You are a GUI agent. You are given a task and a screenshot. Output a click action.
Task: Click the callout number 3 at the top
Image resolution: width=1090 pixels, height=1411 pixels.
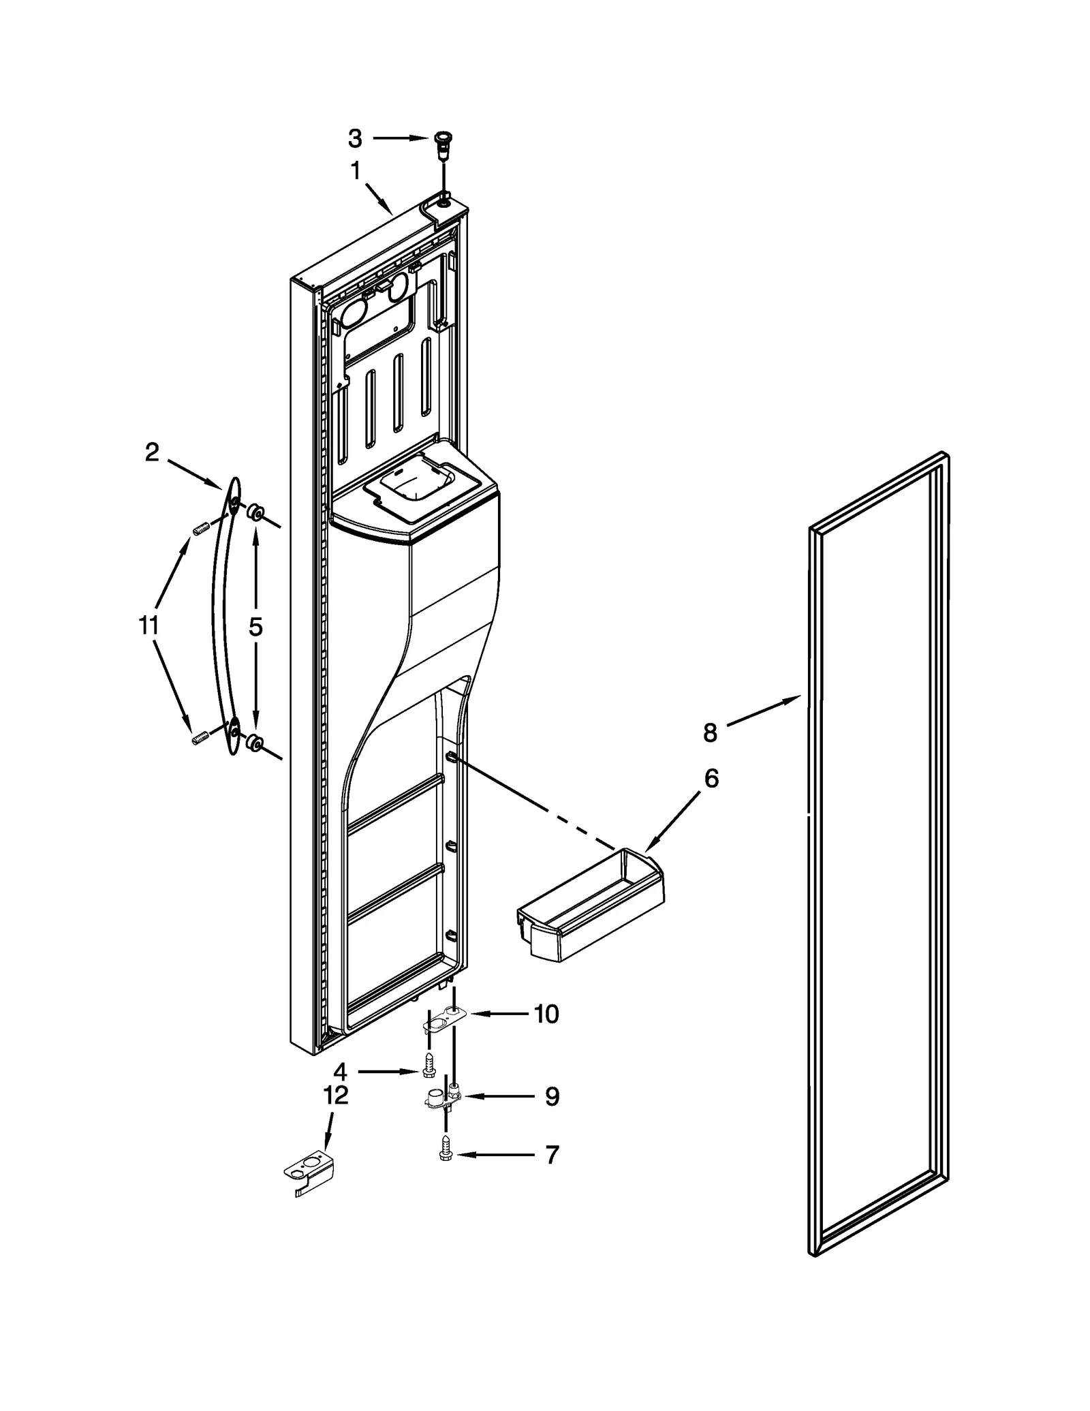tap(355, 138)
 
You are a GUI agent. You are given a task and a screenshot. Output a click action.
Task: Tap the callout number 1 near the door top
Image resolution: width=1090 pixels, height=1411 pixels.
tap(356, 171)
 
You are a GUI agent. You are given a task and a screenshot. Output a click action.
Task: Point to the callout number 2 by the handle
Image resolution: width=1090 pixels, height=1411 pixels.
tap(152, 452)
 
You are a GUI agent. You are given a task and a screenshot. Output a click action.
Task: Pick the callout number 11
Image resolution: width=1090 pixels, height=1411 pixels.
tap(149, 625)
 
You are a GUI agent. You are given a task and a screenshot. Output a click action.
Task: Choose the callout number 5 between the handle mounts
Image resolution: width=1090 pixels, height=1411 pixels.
tap(255, 627)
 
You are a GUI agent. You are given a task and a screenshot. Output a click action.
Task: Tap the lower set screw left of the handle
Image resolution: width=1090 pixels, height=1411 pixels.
tap(200, 738)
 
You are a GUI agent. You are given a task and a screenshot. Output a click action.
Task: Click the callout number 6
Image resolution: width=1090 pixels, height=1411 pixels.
tap(711, 778)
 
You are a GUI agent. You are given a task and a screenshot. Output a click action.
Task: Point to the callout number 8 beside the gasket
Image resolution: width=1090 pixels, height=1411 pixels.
tap(710, 733)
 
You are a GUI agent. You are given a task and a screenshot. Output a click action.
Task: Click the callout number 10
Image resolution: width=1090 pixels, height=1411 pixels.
tap(546, 1033)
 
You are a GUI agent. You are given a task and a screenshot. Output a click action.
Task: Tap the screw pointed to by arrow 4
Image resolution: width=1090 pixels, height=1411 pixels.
tap(429, 1085)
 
